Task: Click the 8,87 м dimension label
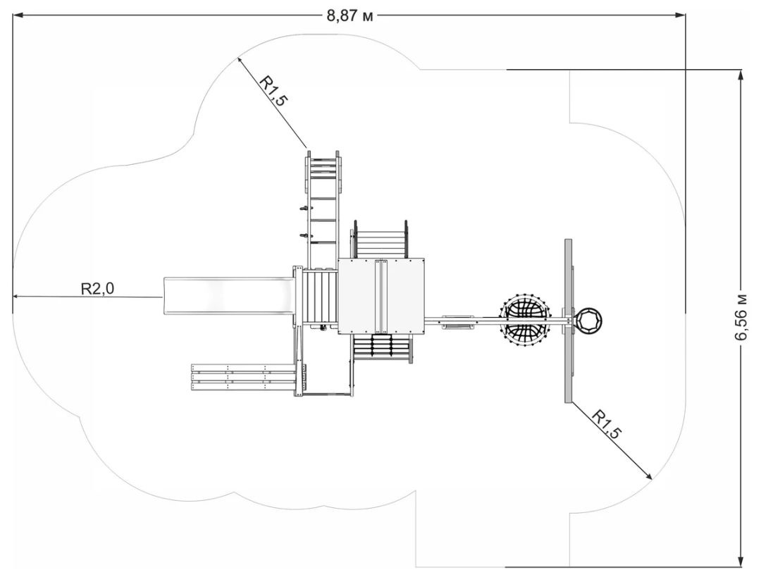coord(349,15)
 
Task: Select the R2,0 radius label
coord(97,287)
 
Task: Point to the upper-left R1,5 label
coord(274,90)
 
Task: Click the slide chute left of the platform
coord(228,297)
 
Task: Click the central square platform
coord(381,296)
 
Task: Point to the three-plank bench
coord(243,376)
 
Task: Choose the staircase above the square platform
coord(380,240)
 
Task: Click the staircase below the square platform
coord(381,347)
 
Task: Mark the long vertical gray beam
coord(568,321)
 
